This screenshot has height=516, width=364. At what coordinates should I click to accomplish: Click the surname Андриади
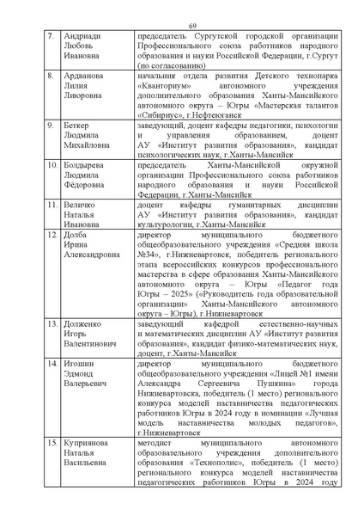(x=81, y=39)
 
